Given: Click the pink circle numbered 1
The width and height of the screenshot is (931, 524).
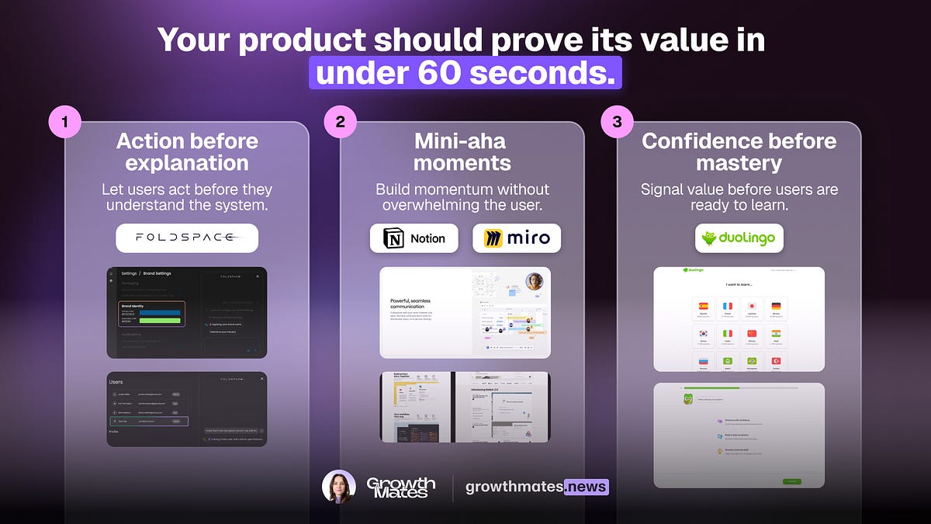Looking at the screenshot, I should (x=65, y=123).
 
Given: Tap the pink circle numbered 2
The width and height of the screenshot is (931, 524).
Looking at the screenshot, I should (x=341, y=123).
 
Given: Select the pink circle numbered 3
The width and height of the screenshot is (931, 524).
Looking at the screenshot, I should (x=617, y=123).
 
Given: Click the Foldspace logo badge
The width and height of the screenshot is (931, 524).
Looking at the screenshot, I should (x=187, y=238).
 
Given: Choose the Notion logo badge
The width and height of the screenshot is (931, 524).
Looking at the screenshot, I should (x=414, y=238).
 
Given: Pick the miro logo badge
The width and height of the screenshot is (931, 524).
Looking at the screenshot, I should (x=517, y=238).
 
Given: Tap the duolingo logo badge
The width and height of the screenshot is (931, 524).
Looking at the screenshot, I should (x=739, y=238).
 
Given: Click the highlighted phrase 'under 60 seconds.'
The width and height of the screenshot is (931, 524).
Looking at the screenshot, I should (x=465, y=72).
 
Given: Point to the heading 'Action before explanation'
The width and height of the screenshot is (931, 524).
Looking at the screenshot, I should (x=187, y=152).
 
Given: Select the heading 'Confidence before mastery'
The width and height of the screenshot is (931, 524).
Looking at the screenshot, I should (x=739, y=152).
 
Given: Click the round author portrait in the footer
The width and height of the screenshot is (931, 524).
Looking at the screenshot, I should (x=338, y=488).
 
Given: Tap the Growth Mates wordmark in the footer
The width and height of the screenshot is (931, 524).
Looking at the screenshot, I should (x=401, y=488).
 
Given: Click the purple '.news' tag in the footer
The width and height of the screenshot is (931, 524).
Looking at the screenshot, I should (x=587, y=488).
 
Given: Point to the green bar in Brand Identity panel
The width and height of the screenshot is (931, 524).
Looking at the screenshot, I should (x=152, y=320).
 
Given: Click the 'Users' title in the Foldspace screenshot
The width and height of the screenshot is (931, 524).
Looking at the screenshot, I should (x=116, y=382).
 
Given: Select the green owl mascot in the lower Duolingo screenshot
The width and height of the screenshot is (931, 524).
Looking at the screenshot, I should (x=688, y=400).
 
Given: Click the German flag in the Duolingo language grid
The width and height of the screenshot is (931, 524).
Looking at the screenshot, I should (x=776, y=307).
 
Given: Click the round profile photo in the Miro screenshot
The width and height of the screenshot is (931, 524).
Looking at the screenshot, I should (x=535, y=282).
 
